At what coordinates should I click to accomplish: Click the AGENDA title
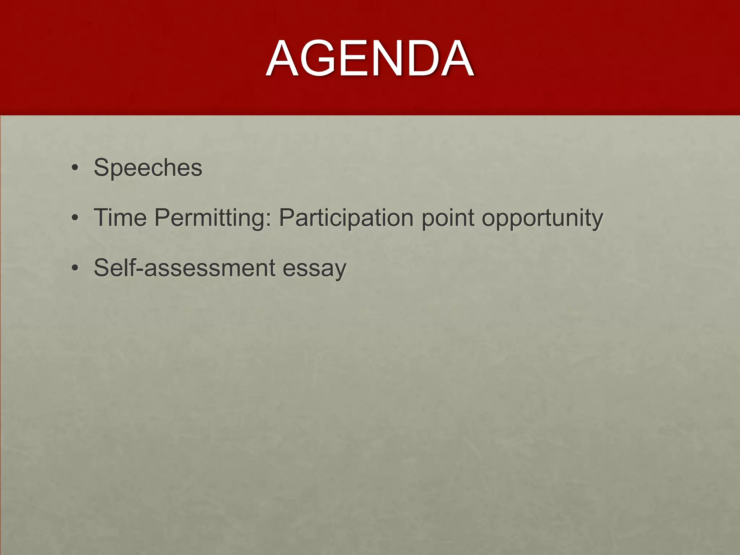(370, 59)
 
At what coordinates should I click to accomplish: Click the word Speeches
(148, 168)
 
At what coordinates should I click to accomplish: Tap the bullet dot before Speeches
(75, 168)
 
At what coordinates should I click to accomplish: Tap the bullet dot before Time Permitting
(75, 218)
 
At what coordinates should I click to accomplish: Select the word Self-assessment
(185, 268)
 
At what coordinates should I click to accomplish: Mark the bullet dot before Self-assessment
(75, 268)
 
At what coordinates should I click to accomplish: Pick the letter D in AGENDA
(419, 59)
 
